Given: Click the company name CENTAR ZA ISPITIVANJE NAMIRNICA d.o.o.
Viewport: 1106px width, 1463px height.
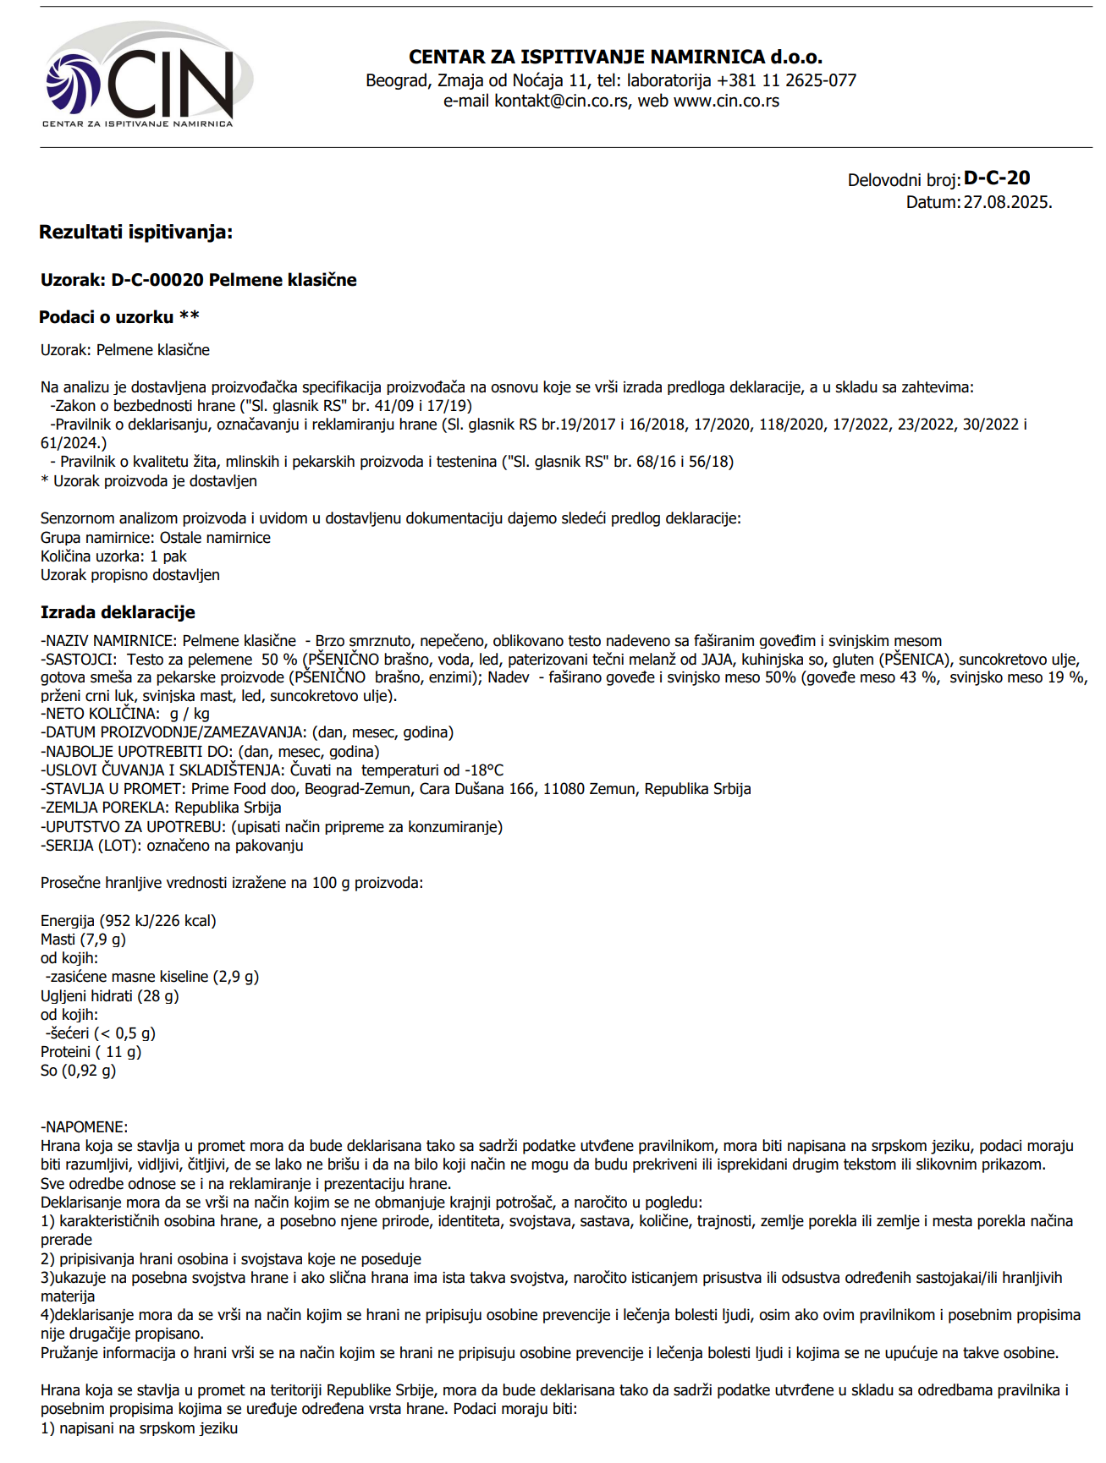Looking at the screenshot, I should [615, 58].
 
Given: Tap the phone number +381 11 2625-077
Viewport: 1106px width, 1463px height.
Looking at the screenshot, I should [786, 80].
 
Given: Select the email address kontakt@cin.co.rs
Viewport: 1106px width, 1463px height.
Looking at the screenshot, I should [561, 101].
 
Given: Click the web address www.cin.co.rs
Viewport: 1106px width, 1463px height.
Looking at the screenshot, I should [726, 101].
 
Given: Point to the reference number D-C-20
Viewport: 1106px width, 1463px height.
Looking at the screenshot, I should [997, 178].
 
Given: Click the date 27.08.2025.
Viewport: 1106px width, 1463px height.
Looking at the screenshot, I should [1007, 203].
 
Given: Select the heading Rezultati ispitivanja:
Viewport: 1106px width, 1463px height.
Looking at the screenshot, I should [135, 232].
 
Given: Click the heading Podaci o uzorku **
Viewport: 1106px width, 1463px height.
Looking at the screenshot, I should [119, 317].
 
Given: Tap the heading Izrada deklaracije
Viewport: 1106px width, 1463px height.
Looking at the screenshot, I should [118, 612].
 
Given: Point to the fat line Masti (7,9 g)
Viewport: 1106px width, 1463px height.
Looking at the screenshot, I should [83, 940].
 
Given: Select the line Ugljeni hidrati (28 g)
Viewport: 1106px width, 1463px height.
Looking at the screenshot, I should [110, 996].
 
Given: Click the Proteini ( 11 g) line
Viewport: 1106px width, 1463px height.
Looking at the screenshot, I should [91, 1052].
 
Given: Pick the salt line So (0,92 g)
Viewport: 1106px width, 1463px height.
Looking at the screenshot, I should [78, 1071].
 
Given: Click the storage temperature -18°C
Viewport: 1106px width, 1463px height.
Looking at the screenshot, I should [480, 770].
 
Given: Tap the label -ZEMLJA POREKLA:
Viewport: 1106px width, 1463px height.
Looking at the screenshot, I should [105, 808].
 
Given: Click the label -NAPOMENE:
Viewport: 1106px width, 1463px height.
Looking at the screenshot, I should [84, 1127].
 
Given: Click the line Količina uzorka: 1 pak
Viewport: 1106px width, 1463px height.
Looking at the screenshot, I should [113, 556].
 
